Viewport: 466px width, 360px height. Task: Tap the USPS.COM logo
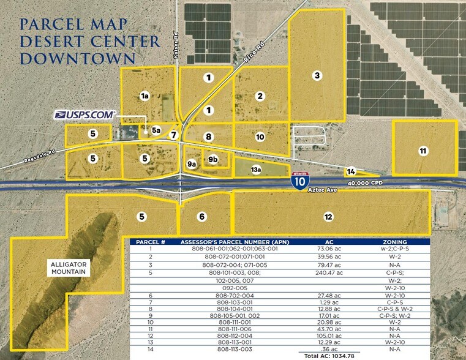(85, 114)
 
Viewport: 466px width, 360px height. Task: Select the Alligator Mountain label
(69, 268)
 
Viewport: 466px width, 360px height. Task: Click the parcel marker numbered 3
(317, 75)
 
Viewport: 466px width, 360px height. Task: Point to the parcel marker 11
(423, 151)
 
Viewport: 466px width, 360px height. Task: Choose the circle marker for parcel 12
(328, 217)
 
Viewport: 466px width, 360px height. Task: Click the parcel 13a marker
(256, 169)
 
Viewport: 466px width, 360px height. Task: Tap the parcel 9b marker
(213, 159)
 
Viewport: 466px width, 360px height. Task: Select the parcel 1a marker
(145, 96)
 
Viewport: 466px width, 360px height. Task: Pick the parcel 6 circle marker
(202, 216)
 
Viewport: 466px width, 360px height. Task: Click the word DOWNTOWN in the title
(78, 58)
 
